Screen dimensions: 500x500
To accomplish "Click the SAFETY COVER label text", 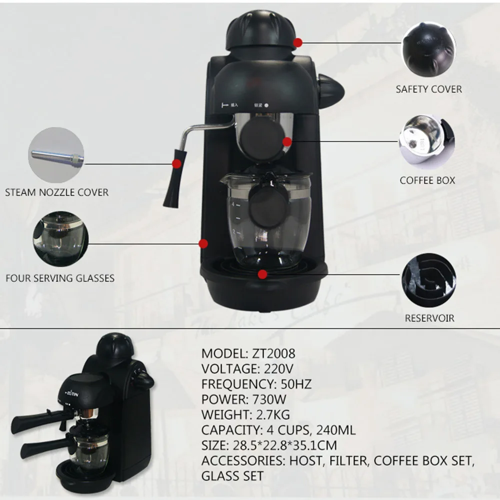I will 428,89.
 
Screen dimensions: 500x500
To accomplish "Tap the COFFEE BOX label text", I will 427,180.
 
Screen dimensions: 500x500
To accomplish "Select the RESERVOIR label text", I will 429,318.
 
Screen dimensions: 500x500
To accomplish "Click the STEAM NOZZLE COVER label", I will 56,192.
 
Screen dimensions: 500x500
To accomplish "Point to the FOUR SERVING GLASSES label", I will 60,278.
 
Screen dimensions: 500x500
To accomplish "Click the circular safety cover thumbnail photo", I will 429,48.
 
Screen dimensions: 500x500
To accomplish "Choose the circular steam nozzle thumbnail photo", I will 56,154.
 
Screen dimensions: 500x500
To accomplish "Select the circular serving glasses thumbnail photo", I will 60,238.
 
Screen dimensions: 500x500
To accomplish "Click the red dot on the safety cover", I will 297,43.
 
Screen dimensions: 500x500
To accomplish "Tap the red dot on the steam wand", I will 176,163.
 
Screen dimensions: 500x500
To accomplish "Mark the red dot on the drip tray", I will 262,273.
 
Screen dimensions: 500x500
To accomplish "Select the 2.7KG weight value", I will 272,414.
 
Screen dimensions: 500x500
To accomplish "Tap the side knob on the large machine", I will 330,90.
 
